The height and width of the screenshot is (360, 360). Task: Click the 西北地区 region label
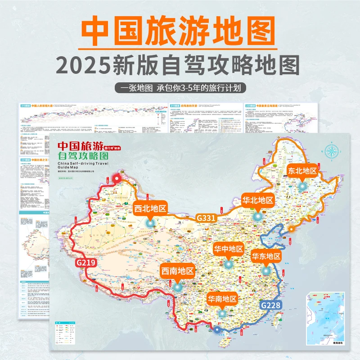[150, 208]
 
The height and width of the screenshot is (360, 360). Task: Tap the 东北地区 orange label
[302, 171]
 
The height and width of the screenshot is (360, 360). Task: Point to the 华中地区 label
[228, 249]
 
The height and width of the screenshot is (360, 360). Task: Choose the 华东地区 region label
[266, 256]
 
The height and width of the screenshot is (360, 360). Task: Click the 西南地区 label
[177, 271]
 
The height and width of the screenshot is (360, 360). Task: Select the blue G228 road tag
[272, 305]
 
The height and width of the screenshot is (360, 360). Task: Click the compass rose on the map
[333, 152]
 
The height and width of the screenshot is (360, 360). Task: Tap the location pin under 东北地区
[302, 185]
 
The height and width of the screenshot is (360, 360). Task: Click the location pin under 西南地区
[177, 286]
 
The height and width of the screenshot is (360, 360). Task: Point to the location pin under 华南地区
[222, 313]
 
